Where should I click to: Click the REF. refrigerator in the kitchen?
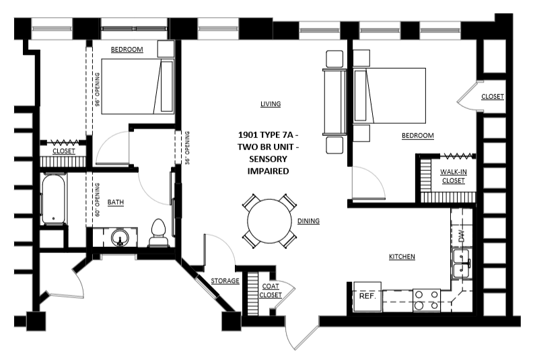(x=367, y=296)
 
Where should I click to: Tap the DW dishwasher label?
(x=461, y=235)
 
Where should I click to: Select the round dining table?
(x=269, y=221)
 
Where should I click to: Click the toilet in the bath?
(x=159, y=233)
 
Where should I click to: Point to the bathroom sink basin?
(x=120, y=238)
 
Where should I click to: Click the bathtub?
(x=53, y=200)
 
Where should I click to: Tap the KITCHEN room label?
(x=402, y=256)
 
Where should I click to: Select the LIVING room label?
(x=271, y=104)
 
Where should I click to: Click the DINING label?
(x=308, y=221)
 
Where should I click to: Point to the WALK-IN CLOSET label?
(x=454, y=176)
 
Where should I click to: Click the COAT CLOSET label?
(x=271, y=291)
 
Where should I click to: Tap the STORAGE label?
(x=225, y=281)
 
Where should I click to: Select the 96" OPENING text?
(x=98, y=89)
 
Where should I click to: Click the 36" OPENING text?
(x=187, y=148)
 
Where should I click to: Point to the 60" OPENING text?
(x=98, y=200)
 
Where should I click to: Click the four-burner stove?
(x=427, y=300)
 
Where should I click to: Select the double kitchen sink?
(x=461, y=264)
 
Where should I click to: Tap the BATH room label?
(x=116, y=203)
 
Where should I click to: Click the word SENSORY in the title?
(x=269, y=159)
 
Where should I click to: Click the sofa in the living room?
(x=334, y=102)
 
